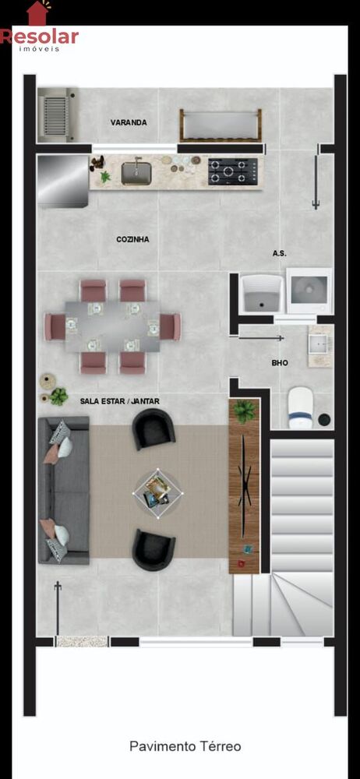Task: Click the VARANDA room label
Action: pos(129,122)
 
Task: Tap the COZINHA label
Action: pos(132,239)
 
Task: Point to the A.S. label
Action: pos(280,253)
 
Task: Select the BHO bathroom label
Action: pos(280,363)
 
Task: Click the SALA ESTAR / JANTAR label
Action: pos(120,401)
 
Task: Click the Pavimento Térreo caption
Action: pos(185,746)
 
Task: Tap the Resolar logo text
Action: pos(39,37)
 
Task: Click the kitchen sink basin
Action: pos(136,173)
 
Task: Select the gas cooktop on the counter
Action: pos(233,171)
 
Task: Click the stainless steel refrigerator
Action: pos(62,182)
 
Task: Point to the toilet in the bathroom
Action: pos(300,407)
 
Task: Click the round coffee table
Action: pos(158,493)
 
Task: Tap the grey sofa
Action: pos(64,490)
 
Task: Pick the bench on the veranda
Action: pos(221,125)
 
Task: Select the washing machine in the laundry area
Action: pos(309,291)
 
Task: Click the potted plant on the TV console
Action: pos(244,411)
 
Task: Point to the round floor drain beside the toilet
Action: pos(325,419)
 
